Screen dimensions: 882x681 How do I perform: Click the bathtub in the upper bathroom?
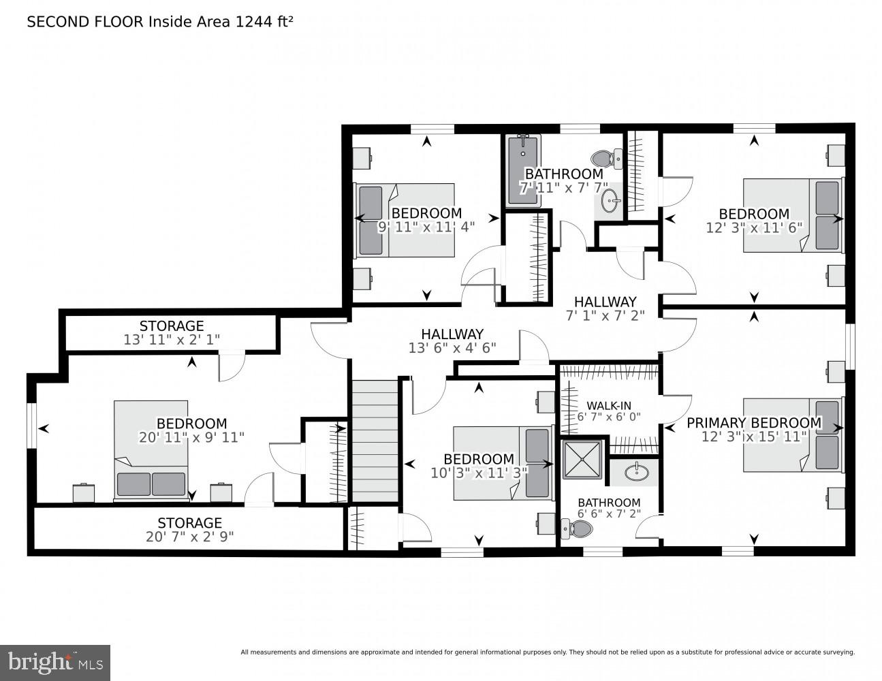pyautogui.click(x=523, y=170)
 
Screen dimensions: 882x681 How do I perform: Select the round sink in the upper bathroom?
pyautogui.click(x=610, y=201)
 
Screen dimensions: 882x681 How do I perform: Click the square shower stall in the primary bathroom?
pyautogui.click(x=582, y=459)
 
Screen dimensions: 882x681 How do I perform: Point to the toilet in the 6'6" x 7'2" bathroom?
pyautogui.click(x=577, y=529)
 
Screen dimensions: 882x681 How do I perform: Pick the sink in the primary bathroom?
pyautogui.click(x=636, y=471)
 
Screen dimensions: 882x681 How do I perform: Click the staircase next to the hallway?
pyautogui.click(x=375, y=441)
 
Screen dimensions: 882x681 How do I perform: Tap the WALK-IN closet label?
pyautogui.click(x=609, y=405)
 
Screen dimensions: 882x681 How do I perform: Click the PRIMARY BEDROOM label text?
pyautogui.click(x=754, y=422)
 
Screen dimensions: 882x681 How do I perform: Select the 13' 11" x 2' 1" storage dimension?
pyautogui.click(x=171, y=340)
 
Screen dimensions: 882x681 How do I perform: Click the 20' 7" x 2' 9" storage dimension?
pyautogui.click(x=189, y=537)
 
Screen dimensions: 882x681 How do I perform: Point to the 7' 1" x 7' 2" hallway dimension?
pyautogui.click(x=605, y=315)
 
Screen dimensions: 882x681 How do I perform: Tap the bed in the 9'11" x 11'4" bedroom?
pyautogui.click(x=405, y=221)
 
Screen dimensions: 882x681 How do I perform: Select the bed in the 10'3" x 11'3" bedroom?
pyautogui.click(x=503, y=463)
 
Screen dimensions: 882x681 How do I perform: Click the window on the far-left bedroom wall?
pyautogui.click(x=31, y=426)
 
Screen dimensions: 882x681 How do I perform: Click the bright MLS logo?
pyautogui.click(x=55, y=662)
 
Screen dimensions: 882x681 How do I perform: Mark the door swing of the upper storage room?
pyautogui.click(x=232, y=368)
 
